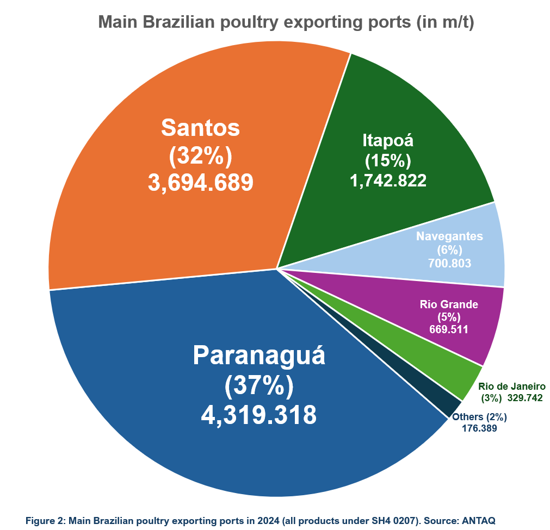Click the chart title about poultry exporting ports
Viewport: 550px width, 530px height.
(286, 23)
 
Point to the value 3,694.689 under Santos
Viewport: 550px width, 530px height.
(201, 183)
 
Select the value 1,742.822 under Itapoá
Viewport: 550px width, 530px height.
(388, 180)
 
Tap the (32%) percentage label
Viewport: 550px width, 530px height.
(201, 156)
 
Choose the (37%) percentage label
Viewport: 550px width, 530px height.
(258, 386)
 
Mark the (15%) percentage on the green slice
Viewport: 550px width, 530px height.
(388, 161)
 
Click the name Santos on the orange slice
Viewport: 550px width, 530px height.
(201, 128)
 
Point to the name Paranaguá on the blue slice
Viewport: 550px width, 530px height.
(259, 356)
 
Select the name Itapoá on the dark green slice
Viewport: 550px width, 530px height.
(388, 140)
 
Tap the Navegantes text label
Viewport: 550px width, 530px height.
(449, 236)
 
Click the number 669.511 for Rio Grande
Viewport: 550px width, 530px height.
(449, 329)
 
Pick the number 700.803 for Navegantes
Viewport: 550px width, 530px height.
(449, 264)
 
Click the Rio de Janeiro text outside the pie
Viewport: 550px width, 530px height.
(512, 386)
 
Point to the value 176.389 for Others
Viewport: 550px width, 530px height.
(479, 428)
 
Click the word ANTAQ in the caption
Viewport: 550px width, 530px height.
(479, 520)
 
